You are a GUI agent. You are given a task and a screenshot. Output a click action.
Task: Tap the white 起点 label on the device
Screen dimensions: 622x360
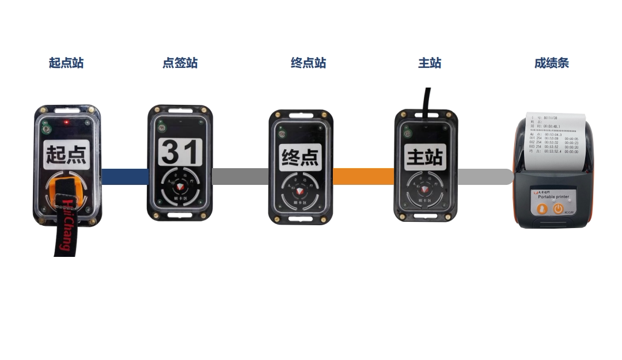click(66, 154)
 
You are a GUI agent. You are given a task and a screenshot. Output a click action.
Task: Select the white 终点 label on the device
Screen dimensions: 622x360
click(300, 157)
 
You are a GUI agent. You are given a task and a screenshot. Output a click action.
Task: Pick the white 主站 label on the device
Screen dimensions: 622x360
click(426, 156)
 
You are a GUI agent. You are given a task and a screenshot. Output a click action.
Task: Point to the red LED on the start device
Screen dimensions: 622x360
click(67, 123)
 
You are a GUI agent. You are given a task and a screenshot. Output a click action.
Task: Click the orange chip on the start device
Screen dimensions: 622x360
click(66, 192)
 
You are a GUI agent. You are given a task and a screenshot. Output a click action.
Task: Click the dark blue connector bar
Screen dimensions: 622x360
click(125, 176)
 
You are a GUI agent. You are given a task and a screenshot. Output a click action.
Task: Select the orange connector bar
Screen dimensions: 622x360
click(363, 176)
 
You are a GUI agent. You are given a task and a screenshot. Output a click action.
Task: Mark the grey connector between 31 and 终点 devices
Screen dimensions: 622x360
click(241, 176)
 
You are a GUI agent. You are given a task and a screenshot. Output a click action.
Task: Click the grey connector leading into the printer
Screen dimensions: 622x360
click(485, 176)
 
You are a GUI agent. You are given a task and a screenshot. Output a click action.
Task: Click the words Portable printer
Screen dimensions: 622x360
click(553, 196)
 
